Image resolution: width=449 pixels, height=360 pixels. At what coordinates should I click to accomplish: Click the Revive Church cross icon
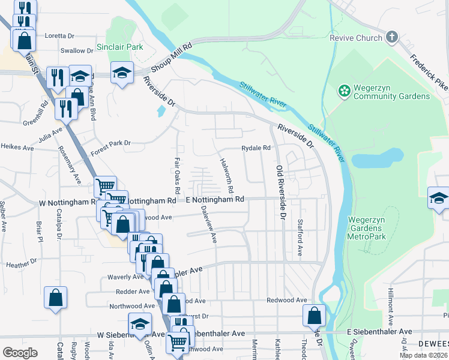click(391, 37)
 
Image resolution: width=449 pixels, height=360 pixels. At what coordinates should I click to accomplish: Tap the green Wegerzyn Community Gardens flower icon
click(345, 91)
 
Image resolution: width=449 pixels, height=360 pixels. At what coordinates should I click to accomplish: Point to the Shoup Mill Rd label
click(170, 58)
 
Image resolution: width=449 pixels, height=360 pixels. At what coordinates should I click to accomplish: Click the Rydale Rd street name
click(256, 148)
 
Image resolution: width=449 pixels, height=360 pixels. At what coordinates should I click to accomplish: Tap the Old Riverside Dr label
click(279, 191)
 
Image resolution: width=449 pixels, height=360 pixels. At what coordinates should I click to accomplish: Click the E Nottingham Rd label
click(215, 199)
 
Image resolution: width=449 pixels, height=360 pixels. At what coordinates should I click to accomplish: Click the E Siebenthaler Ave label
click(379, 332)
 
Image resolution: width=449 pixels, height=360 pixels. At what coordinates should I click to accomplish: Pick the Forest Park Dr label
click(110, 143)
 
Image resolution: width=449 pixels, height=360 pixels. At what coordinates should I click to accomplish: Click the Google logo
click(20, 352)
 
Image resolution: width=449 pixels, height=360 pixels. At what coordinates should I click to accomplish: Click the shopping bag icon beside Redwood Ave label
click(314, 315)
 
